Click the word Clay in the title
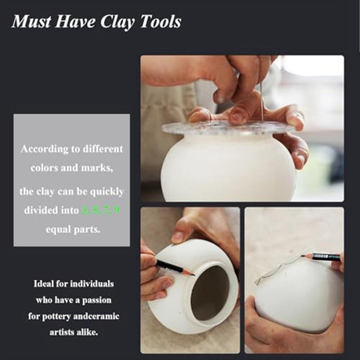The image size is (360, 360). tap(118, 22)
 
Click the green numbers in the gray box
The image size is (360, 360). tap(101, 210)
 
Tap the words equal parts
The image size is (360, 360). tap(73, 229)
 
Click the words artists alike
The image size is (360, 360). tap(73, 332)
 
